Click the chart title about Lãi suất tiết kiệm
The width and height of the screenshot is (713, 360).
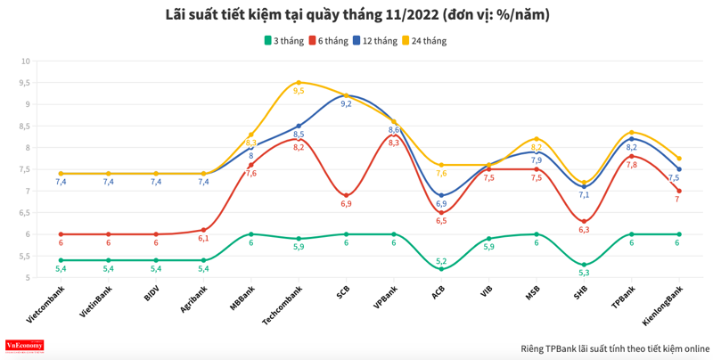tap(356, 14)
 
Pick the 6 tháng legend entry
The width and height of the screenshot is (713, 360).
tap(328, 41)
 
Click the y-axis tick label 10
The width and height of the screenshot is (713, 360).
tap(25, 61)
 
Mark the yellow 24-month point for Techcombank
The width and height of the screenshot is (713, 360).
tap(299, 83)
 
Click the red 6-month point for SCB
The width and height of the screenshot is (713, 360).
tap(346, 195)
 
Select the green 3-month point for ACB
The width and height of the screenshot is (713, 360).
tap(441, 269)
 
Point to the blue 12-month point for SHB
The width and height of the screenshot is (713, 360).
tap(584, 186)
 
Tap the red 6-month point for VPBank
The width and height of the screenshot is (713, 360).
tap(393, 135)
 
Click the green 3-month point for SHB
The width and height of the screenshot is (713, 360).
tap(584, 265)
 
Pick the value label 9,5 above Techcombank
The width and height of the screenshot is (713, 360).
tap(299, 91)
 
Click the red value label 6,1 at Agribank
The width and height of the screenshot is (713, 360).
tap(203, 239)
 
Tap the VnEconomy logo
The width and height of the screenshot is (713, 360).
tap(25, 346)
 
